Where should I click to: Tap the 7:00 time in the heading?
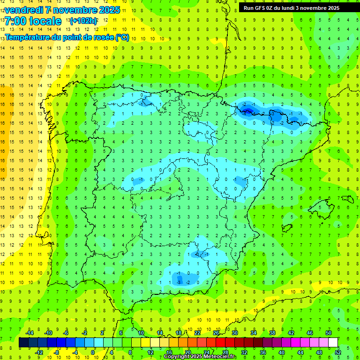pos(15,21)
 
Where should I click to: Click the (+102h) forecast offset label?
pos(83,21)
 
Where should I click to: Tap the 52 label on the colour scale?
pos(338,352)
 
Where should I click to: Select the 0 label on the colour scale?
pos(93,352)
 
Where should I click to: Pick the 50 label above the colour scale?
pos(329,332)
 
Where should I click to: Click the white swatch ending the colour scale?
pos(333,343)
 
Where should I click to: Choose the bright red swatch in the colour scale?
pos(221,343)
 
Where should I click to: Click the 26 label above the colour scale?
pos(216,332)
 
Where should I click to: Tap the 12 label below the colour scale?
pos(150,352)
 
